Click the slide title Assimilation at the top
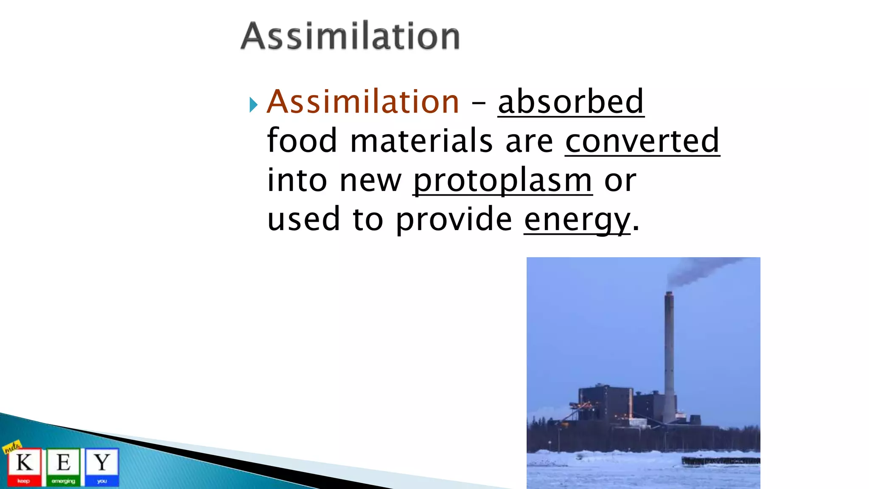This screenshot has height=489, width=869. [350, 37]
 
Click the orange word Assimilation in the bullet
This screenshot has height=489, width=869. [363, 102]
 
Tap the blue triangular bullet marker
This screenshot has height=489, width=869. [253, 104]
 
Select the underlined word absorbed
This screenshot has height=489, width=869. [571, 102]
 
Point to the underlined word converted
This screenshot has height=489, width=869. [642, 141]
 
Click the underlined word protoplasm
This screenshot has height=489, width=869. [503, 181]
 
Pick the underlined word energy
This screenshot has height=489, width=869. [577, 220]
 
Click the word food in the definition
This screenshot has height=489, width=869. [302, 141]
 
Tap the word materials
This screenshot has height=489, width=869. [421, 141]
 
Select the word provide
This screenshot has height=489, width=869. [454, 220]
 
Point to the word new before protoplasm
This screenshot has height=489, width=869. [370, 181]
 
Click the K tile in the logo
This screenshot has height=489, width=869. [24, 466]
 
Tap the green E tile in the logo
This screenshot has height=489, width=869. [63, 466]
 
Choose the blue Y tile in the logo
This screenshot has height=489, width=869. [102, 466]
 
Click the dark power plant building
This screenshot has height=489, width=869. [607, 403]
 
